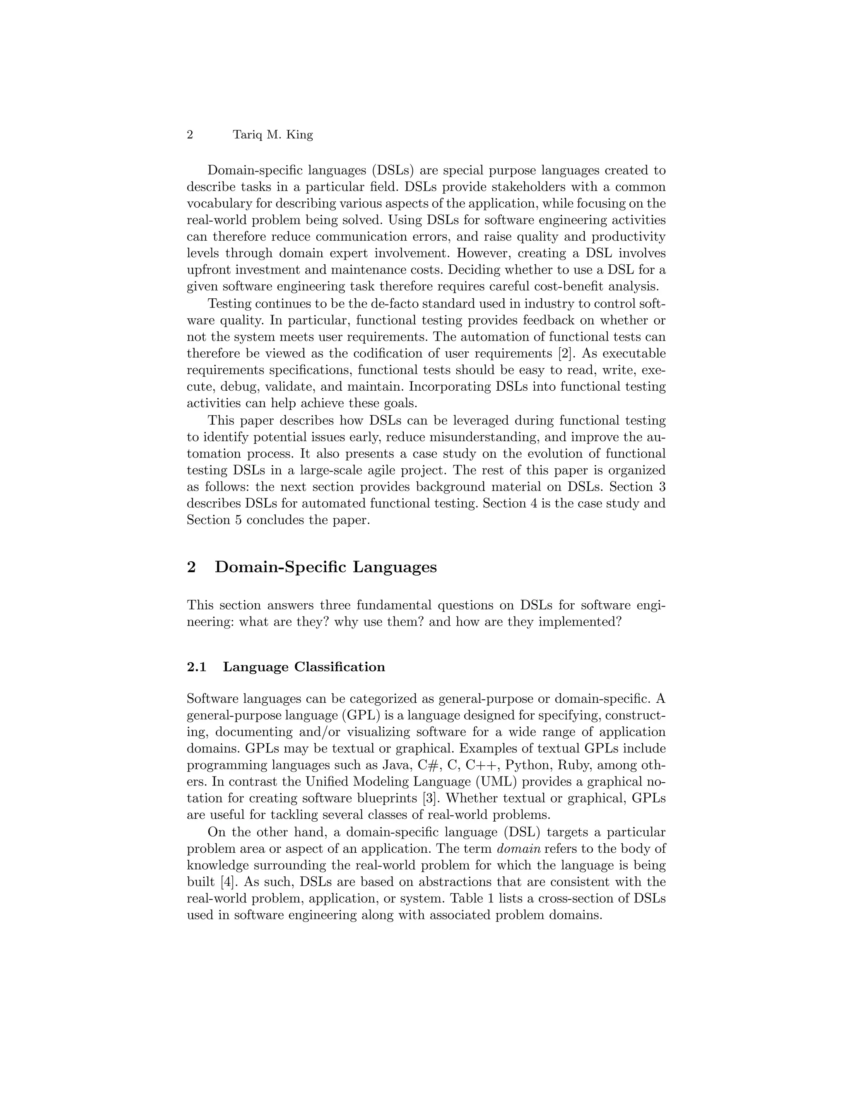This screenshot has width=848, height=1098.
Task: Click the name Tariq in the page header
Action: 247,135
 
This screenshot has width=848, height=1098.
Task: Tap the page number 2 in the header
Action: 190,135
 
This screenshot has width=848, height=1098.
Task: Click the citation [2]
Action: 565,353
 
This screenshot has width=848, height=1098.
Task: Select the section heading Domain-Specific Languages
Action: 325,567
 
